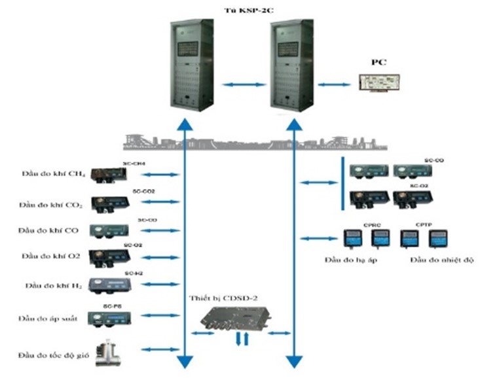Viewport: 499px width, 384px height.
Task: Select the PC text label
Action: [379, 62]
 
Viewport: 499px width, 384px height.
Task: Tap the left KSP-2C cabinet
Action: [191, 65]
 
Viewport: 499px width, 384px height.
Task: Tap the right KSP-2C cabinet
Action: [293, 65]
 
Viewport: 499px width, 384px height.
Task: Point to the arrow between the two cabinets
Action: [242, 84]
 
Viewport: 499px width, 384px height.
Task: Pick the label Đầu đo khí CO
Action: [50, 231]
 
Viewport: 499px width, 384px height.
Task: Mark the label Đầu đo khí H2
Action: [52, 286]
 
